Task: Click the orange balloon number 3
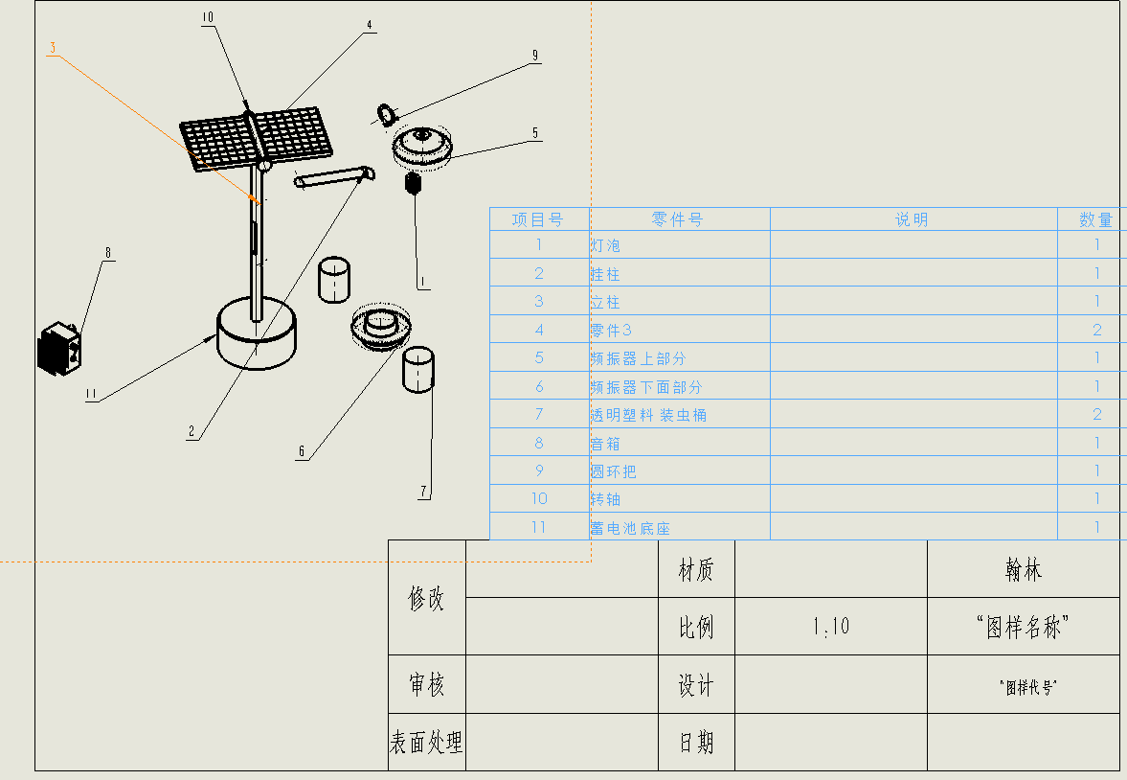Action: tap(53, 47)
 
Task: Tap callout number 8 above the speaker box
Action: tap(108, 253)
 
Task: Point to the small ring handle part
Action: tap(385, 114)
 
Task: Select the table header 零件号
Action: tap(678, 219)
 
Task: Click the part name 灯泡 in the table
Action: tap(605, 246)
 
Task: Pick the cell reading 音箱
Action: tap(606, 444)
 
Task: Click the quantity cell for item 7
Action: tap(1096, 415)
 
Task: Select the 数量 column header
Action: tap(1095, 219)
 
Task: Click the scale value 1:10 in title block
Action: tap(831, 628)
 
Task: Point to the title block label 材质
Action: tap(696, 571)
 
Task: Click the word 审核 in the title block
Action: tap(427, 685)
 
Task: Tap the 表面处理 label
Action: tap(427, 742)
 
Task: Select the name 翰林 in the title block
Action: tap(1023, 571)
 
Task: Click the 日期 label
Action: tap(696, 742)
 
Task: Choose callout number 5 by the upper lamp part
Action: tap(535, 133)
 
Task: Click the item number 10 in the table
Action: tap(539, 499)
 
